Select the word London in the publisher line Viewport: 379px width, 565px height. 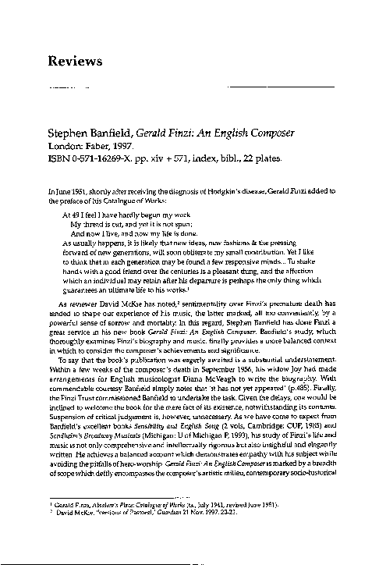pyautogui.click(x=66, y=145)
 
